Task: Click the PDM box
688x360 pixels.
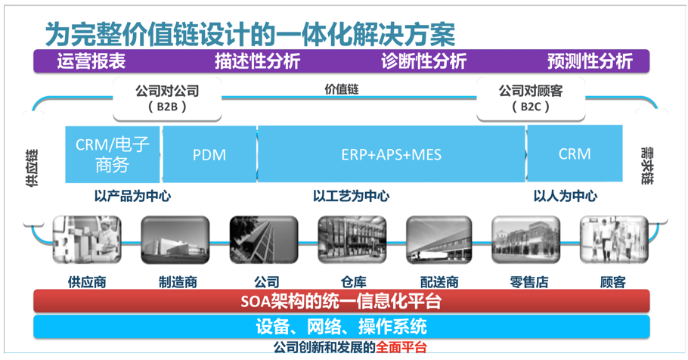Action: point(209,154)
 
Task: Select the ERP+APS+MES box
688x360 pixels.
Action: point(391,154)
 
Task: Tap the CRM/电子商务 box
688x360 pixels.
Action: point(113,154)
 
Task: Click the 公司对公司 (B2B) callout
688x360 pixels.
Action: point(167,99)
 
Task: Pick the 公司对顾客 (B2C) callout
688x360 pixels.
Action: point(531,99)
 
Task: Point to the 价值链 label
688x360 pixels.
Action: point(342,89)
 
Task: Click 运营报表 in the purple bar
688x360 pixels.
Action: point(91,61)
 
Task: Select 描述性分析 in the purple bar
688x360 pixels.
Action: point(258,61)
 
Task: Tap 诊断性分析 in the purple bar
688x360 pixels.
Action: point(424,61)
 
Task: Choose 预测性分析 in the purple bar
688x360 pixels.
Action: point(590,61)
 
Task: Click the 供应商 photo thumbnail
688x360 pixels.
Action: point(87,240)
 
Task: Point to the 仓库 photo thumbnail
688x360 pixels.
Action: point(352,240)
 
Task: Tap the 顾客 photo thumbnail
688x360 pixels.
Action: point(614,240)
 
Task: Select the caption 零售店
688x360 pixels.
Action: point(529,282)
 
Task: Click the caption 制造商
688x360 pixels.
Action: point(178,282)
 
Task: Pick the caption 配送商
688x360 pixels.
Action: point(439,282)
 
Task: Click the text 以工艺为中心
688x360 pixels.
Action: point(351,196)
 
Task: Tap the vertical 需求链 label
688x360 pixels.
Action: point(647,166)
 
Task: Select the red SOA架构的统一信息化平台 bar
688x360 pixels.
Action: point(342,301)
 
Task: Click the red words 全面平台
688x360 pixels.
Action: point(401,347)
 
